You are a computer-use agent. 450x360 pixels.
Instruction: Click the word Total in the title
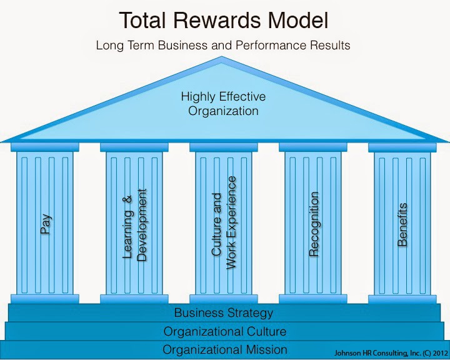click(x=142, y=21)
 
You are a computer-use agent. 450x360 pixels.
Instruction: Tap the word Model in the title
click(x=298, y=21)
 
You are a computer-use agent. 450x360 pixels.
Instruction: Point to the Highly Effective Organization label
click(x=223, y=104)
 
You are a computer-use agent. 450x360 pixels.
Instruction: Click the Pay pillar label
click(x=46, y=224)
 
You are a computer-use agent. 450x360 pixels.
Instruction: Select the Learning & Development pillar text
click(x=134, y=225)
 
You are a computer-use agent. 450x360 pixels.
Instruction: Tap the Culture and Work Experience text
click(x=224, y=222)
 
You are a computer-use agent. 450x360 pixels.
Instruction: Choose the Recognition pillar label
click(x=314, y=224)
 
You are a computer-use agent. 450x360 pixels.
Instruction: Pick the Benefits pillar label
click(x=402, y=224)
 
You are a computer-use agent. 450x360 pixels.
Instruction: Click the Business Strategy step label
click(x=224, y=313)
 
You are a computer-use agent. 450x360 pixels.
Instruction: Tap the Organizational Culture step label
click(x=225, y=331)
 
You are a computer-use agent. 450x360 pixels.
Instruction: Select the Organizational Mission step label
click(x=225, y=349)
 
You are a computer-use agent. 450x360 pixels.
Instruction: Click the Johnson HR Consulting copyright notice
click(x=391, y=353)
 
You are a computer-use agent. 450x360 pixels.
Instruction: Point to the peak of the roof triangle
click(x=221, y=56)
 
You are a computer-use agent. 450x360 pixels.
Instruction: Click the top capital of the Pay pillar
click(x=45, y=147)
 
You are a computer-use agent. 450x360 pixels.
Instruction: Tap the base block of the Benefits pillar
click(x=402, y=299)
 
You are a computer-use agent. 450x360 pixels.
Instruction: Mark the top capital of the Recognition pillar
click(x=313, y=147)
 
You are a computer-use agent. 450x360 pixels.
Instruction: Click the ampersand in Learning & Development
click(x=128, y=199)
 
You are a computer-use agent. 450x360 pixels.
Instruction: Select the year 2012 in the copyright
click(x=441, y=352)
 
